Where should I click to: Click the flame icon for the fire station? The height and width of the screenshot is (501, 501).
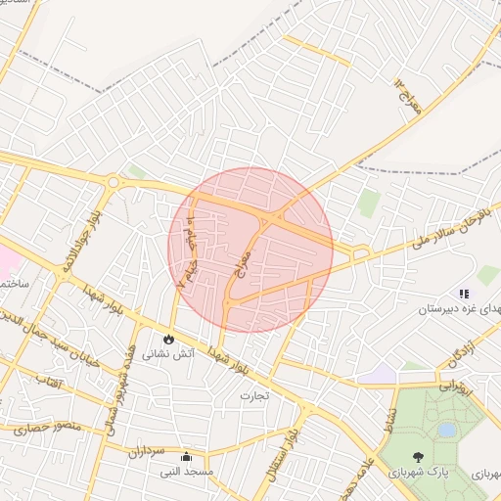(x=168, y=339)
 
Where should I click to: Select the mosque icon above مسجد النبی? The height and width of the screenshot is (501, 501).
(x=186, y=456)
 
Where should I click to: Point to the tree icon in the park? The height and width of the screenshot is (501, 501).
(x=419, y=457)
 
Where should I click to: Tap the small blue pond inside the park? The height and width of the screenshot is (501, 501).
(x=447, y=430)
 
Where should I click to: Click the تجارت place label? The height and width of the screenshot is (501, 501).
(x=253, y=395)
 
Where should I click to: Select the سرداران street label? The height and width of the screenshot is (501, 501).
(x=148, y=451)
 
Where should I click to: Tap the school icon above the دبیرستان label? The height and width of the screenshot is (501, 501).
(x=464, y=293)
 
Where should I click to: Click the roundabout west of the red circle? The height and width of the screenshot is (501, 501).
(x=113, y=182)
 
